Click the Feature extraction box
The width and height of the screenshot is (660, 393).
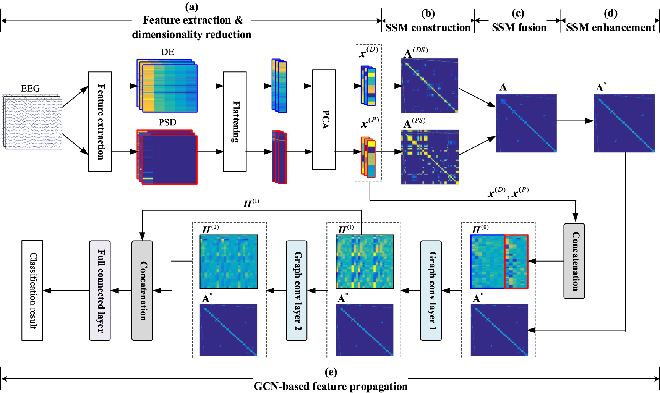pyautogui.click(x=100, y=121)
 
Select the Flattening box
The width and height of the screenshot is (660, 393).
pyautogui.click(x=235, y=121)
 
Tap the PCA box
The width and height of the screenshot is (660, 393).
pyautogui.click(x=324, y=119)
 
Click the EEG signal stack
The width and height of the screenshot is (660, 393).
pyautogui.click(x=32, y=121)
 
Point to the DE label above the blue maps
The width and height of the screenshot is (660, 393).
pyautogui.click(x=167, y=52)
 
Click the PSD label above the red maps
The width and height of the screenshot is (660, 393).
pyautogui.click(x=167, y=122)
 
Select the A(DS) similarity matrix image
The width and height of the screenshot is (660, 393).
pyautogui.click(x=430, y=86)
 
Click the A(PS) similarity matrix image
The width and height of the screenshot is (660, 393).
pyautogui.click(x=430, y=157)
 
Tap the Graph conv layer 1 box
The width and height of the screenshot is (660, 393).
pyautogui.click(x=431, y=290)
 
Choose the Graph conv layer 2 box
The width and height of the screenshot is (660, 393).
pyautogui.click(x=297, y=290)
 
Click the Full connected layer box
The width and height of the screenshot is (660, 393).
pyautogui.click(x=100, y=290)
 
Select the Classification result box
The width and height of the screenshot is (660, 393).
pyautogui.click(x=32, y=290)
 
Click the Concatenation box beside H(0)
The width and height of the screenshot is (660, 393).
pyautogui.click(x=574, y=261)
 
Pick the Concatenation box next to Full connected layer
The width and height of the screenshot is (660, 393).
pyautogui.click(x=142, y=290)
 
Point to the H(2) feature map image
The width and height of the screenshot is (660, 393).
pyautogui.click(x=229, y=261)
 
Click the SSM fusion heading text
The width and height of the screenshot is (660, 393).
pyautogui.click(x=519, y=27)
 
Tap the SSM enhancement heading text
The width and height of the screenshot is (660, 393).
pyautogui.click(x=610, y=27)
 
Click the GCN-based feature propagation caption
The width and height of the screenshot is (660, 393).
pyautogui.click(x=331, y=386)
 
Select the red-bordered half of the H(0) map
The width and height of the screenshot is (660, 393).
pyautogui.click(x=516, y=261)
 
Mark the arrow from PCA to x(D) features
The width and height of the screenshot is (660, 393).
pyautogui.click(x=348, y=86)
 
